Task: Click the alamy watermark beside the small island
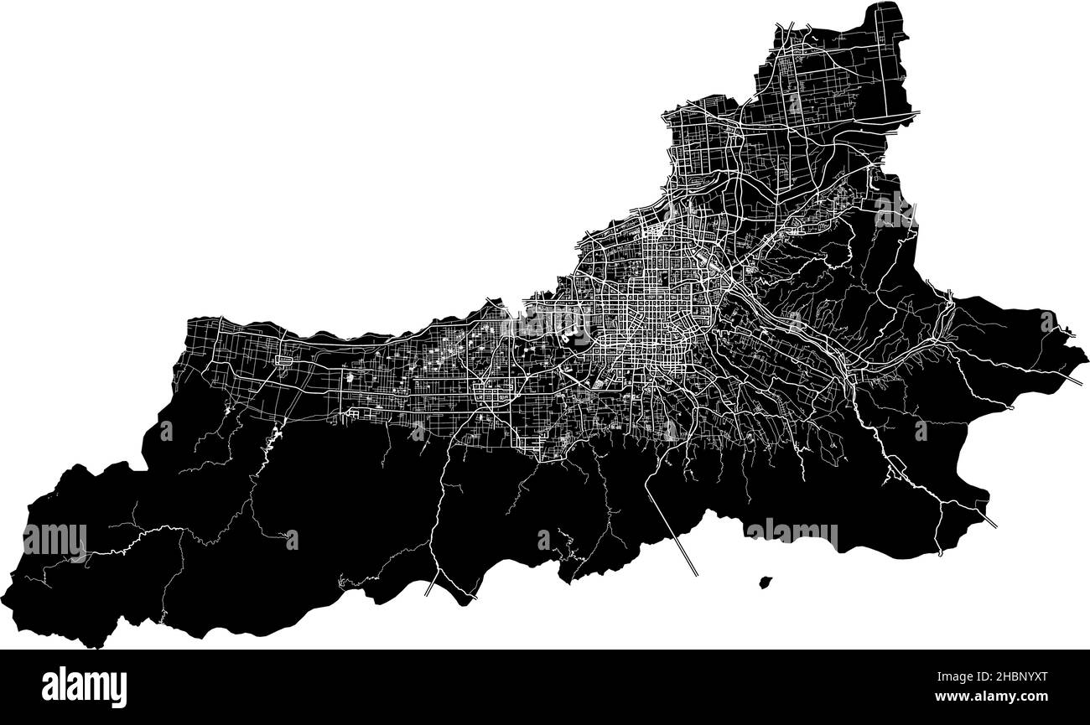point(791,533)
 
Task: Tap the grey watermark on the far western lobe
point(54,538)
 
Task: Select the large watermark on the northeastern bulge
point(895,210)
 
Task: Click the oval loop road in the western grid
point(283,360)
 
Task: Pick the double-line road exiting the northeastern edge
point(910,112)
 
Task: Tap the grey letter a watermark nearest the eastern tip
point(1048,320)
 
